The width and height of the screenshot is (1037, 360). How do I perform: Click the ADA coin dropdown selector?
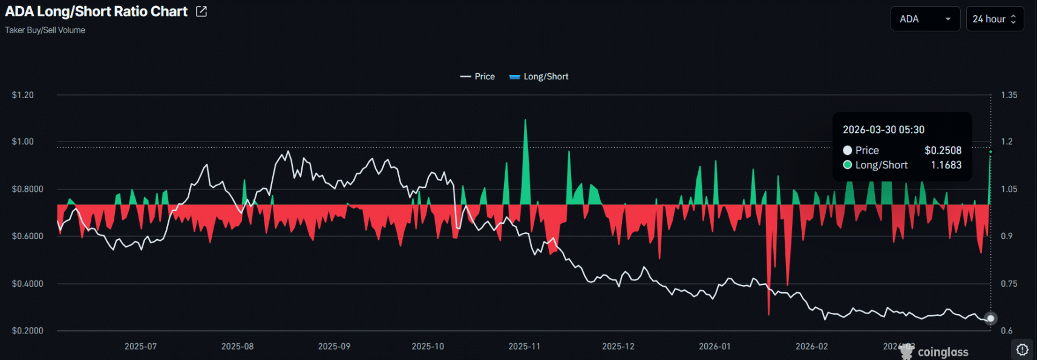pos(924,19)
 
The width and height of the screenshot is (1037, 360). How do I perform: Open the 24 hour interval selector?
pos(994,19)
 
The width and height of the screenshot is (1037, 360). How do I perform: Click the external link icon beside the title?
pos(201,11)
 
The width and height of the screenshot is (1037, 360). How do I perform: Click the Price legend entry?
pos(477,76)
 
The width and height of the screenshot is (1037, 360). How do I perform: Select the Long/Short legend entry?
pos(539,76)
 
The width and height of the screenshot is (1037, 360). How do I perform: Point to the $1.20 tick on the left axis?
pos(23,95)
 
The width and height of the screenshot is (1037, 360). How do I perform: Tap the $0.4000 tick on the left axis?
pos(27,283)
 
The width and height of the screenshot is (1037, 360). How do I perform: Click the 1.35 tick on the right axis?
pos(1009,95)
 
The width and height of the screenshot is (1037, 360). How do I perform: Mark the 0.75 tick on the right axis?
pos(1009,283)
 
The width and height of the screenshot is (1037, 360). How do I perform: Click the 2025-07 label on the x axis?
pos(140,346)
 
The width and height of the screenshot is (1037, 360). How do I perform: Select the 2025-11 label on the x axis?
pos(524,346)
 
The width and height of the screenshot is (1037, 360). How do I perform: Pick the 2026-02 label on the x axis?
pos(811,346)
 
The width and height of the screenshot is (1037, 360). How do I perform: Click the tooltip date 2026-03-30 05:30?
pos(883,129)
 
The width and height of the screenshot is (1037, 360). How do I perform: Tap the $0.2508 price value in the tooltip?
pos(943,150)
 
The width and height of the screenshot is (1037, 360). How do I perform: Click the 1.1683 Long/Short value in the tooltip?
pos(946,165)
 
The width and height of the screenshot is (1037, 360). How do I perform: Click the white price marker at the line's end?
pos(990,318)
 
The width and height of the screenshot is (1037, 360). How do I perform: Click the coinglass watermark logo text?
pos(942,352)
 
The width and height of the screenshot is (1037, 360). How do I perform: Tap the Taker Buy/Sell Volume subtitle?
pos(45,30)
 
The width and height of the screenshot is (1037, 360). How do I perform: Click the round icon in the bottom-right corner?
pos(1022,350)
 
